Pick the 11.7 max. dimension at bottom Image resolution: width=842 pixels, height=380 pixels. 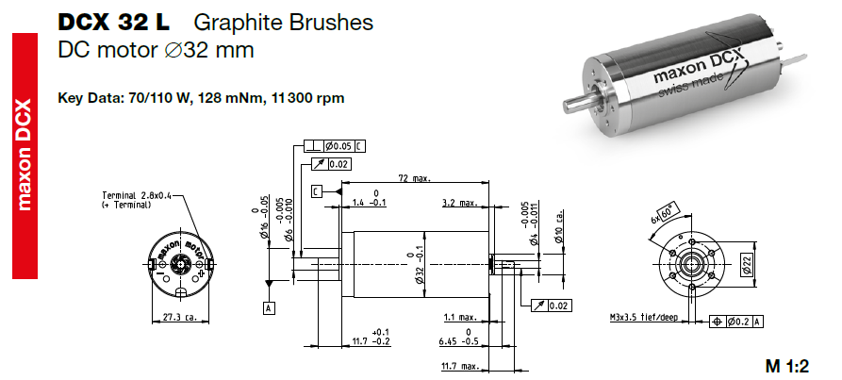coord(459,365)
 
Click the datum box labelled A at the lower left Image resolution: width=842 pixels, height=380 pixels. coord(269,307)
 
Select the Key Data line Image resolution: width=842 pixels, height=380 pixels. coord(200,98)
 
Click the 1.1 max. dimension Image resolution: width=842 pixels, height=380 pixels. coord(459,317)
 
